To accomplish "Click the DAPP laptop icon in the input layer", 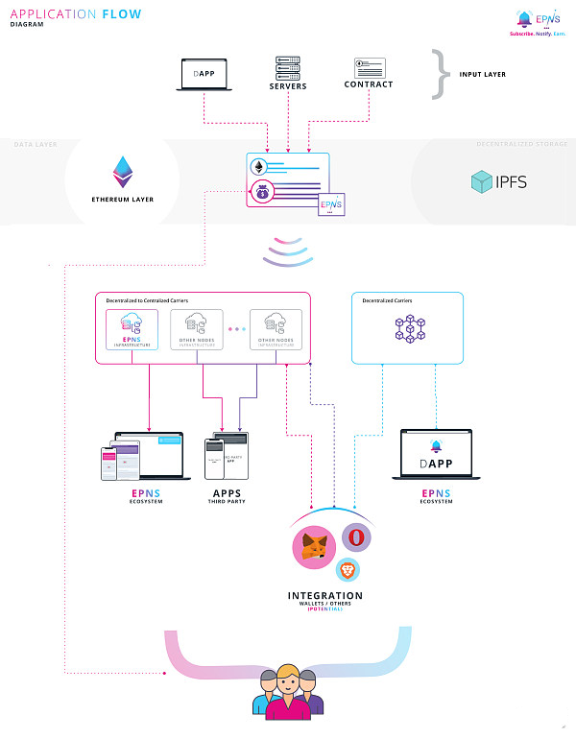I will point(205,75).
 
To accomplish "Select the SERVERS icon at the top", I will point(288,66).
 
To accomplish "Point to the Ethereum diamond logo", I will point(123,171).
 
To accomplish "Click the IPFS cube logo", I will point(482,181).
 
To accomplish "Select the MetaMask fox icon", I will point(314,547).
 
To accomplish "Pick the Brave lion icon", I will point(348,571).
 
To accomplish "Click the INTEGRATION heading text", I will point(325,596).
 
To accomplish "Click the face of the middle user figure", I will point(289,684).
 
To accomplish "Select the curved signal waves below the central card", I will point(288,251).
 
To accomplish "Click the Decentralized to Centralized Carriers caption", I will point(146,300).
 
